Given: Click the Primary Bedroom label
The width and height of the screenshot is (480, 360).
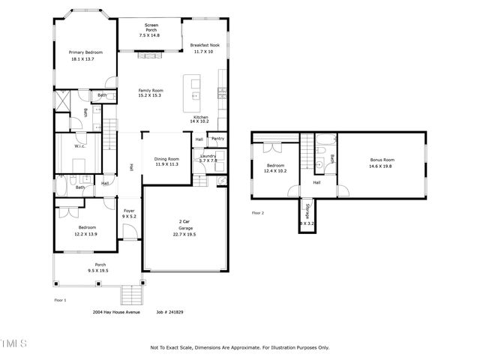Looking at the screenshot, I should click(x=85, y=52).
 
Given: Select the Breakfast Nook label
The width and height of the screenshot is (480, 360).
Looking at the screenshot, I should click(x=204, y=46).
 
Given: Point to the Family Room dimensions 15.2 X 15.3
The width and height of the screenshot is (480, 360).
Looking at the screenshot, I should click(x=150, y=96).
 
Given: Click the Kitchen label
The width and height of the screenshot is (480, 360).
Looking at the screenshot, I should click(x=200, y=117).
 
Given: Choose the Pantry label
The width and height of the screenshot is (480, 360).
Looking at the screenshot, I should click(x=218, y=139).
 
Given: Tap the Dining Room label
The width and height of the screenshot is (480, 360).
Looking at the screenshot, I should click(x=166, y=159).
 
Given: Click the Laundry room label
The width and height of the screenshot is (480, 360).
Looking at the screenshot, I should click(x=208, y=155).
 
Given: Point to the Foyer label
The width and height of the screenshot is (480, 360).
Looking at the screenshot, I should click(x=129, y=211).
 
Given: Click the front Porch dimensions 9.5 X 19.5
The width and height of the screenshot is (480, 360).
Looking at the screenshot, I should click(x=99, y=270).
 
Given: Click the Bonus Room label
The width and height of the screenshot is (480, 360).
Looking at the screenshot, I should click(x=382, y=160).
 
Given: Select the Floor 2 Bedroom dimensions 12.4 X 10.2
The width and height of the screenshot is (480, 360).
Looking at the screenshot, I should click(x=276, y=171).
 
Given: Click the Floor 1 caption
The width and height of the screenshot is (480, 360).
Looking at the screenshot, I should click(x=61, y=300).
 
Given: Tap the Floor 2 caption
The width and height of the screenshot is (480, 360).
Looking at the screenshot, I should click(x=258, y=213).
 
